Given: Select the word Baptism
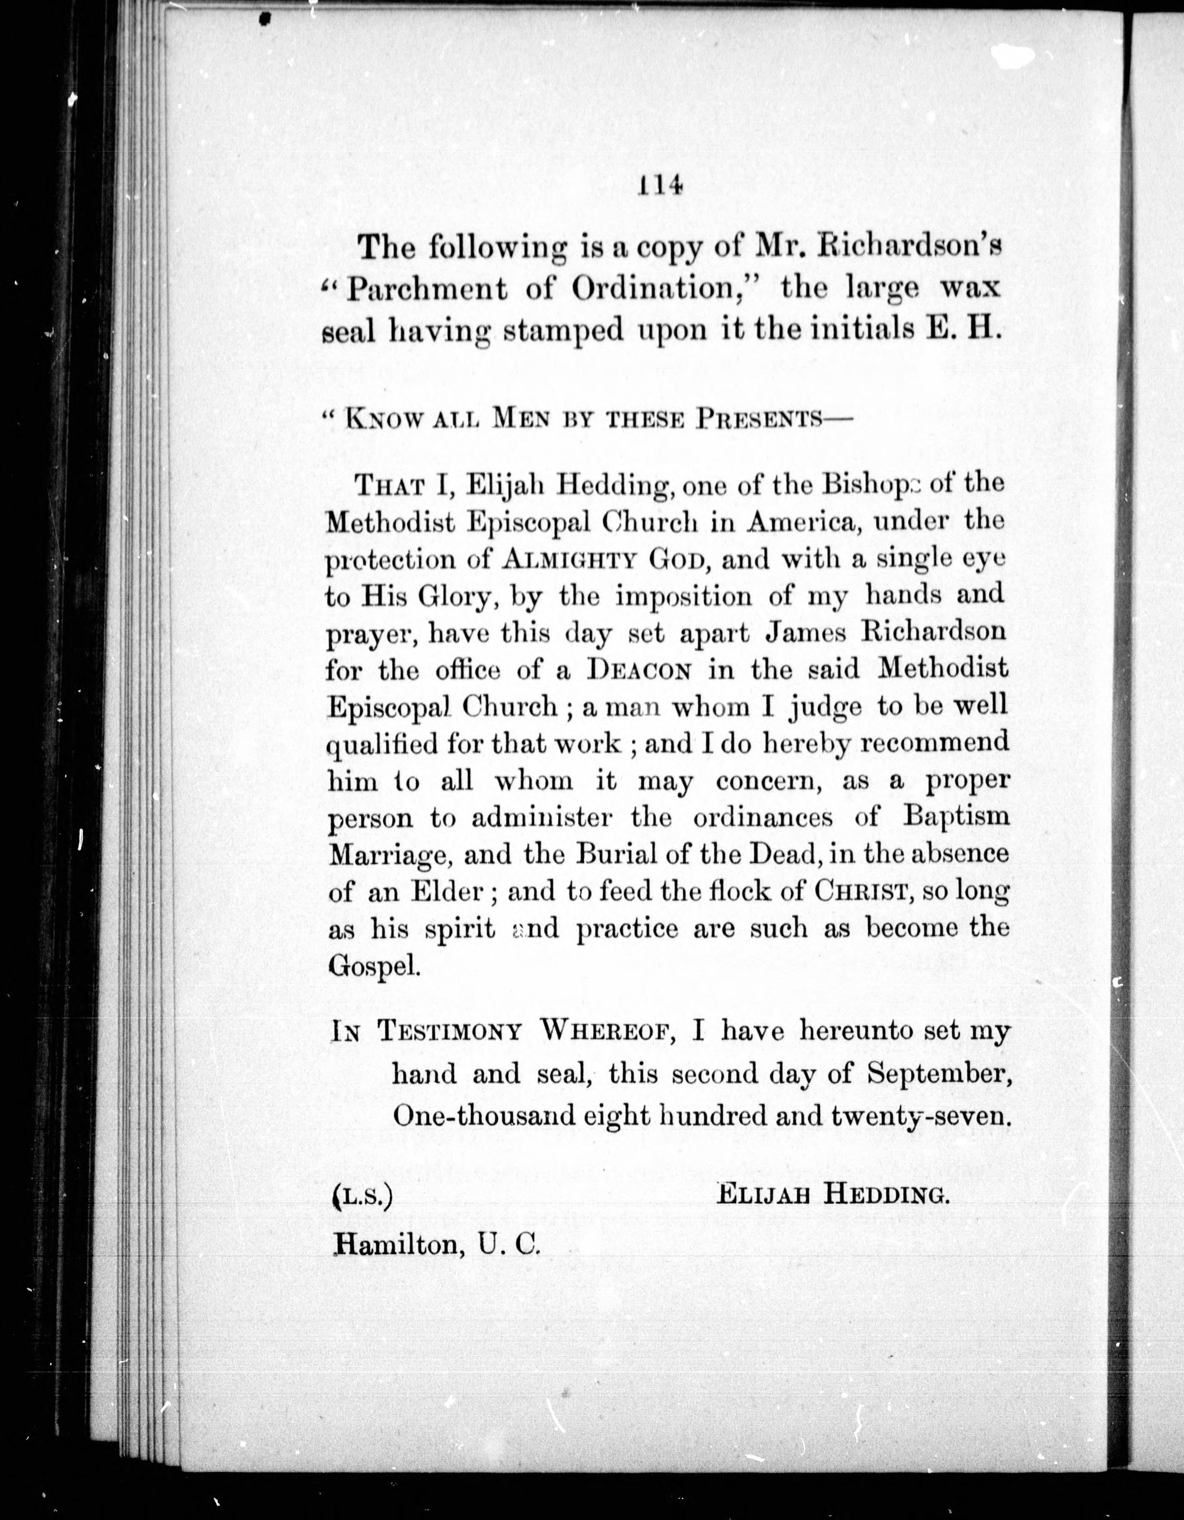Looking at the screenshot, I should coord(956,816).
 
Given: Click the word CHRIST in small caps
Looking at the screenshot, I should coord(862,892).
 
